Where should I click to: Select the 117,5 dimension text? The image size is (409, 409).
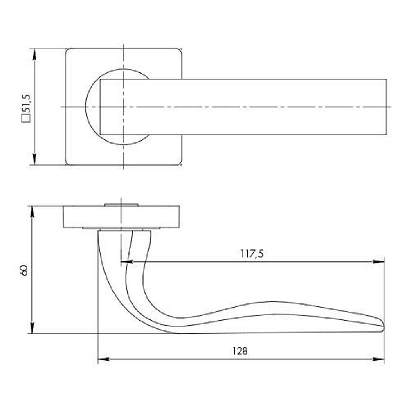[x=252, y=254]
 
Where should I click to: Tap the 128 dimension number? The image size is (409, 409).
[x=240, y=351]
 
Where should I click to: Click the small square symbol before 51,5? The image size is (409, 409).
[x=26, y=119]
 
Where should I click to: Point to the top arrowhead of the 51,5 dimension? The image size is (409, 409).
[x=34, y=54]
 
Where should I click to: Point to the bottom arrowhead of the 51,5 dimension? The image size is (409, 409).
[x=34, y=160]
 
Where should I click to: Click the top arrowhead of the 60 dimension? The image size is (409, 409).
[x=32, y=211]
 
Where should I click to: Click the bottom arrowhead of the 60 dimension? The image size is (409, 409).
[x=32, y=328]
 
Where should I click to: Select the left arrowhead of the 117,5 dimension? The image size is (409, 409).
[x=127, y=262]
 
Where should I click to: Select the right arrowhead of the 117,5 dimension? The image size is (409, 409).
[x=379, y=262]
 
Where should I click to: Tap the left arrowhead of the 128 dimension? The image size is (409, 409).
[x=103, y=359]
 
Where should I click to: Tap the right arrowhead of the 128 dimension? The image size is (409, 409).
[x=379, y=359]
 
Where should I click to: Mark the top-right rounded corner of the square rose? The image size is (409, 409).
[x=180, y=51]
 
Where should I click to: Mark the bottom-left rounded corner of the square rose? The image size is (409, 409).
[x=67, y=163]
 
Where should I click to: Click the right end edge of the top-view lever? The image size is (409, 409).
[x=387, y=107]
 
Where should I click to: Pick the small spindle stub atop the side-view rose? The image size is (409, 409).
[x=121, y=204]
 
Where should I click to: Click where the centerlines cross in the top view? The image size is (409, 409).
[x=124, y=107]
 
